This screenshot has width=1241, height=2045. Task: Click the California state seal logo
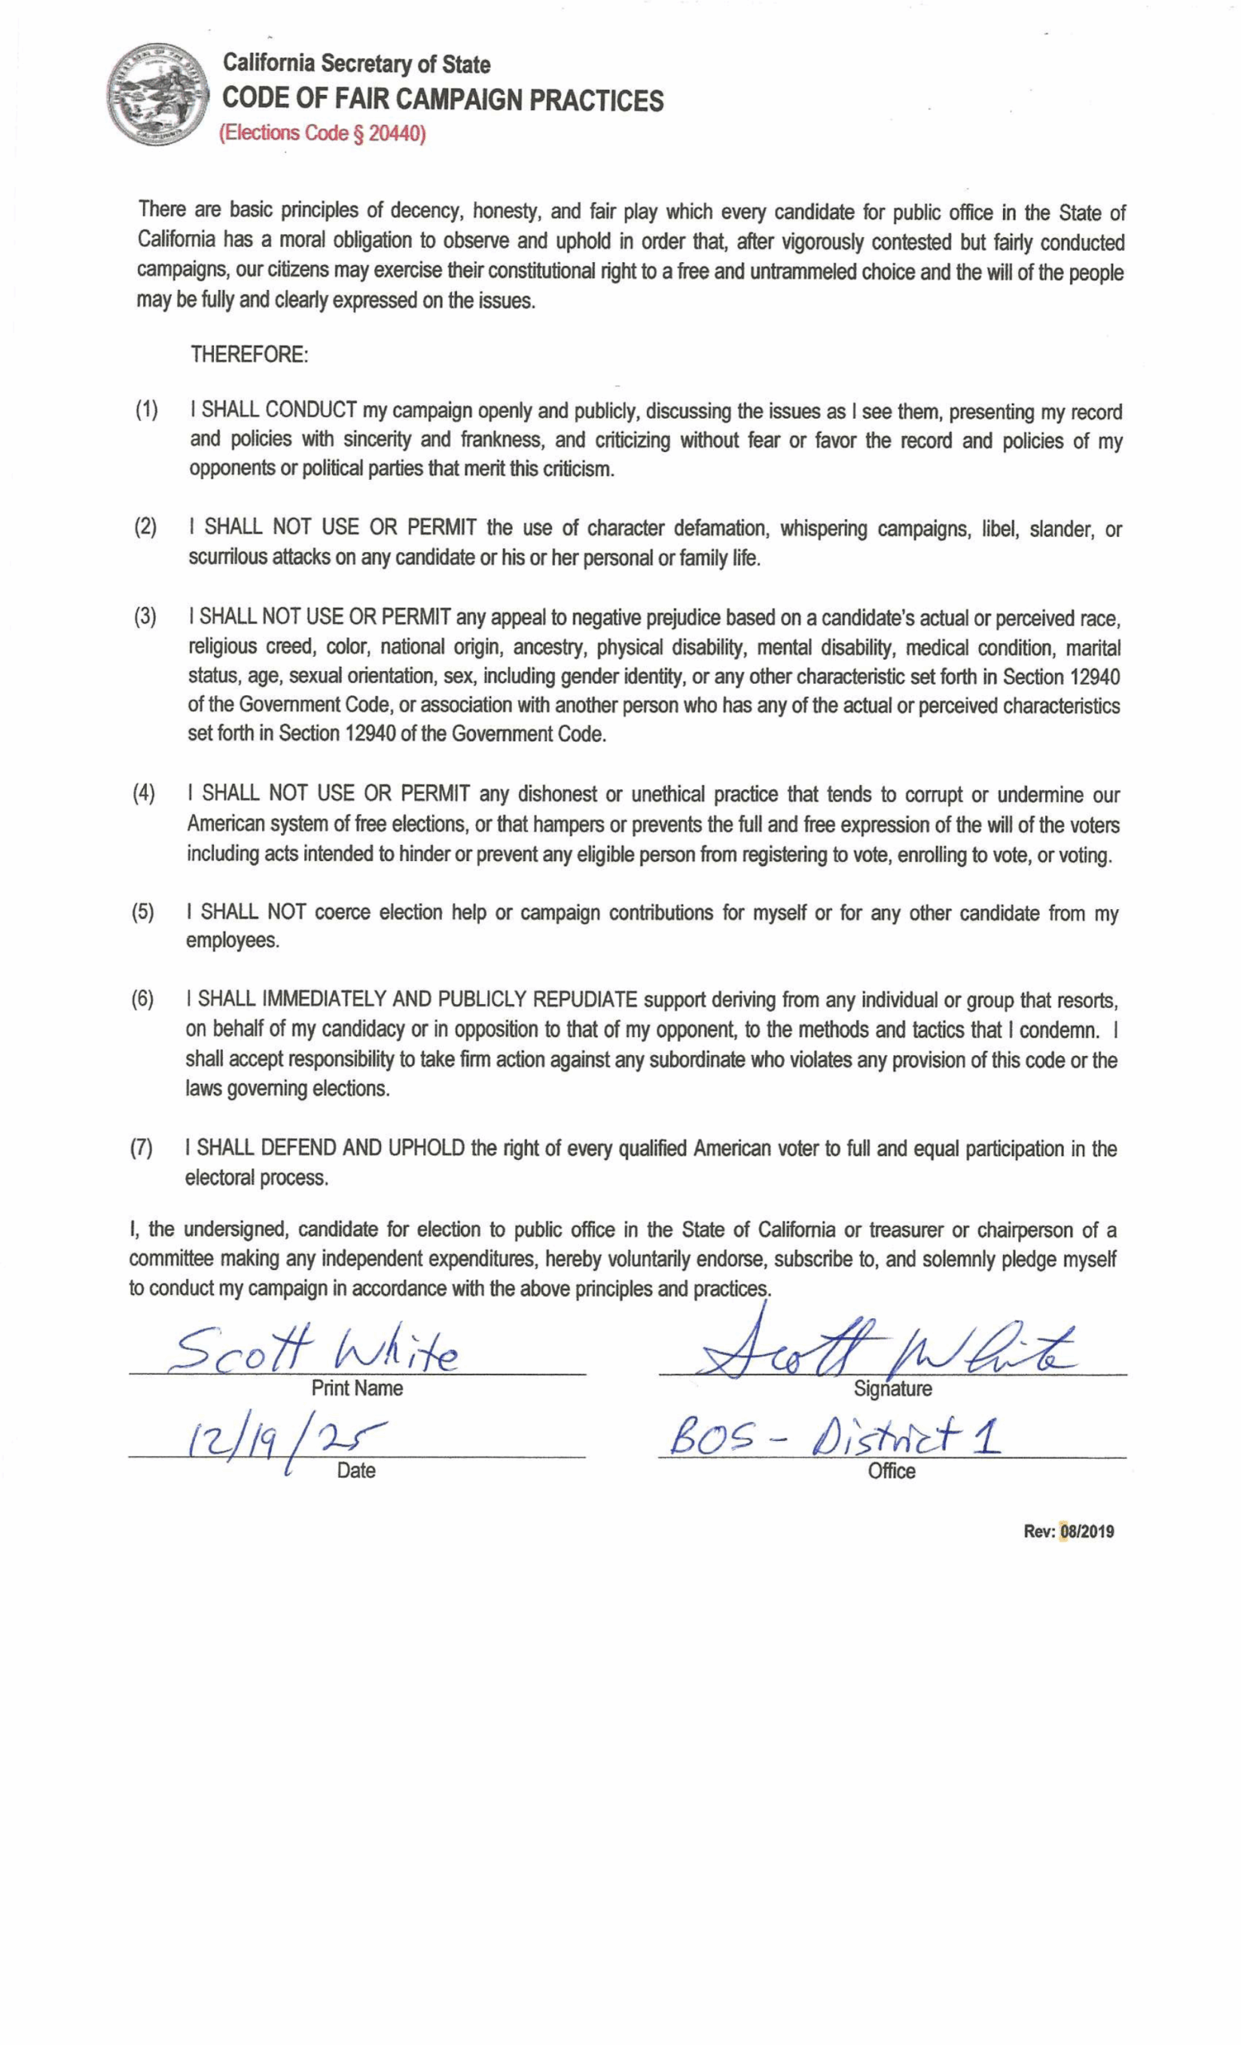(x=156, y=93)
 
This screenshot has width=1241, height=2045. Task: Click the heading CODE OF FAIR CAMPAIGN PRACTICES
(x=443, y=100)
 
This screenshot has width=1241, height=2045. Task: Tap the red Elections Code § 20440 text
(x=322, y=133)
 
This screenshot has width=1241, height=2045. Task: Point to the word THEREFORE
(x=249, y=355)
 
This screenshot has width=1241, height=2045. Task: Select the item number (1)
(x=147, y=409)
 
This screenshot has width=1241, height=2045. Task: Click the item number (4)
(x=144, y=792)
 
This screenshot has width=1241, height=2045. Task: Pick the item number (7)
(x=141, y=1148)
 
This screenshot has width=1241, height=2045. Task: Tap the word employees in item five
(x=232, y=940)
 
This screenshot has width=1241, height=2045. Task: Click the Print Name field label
(x=357, y=1388)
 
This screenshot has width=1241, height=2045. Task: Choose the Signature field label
(x=892, y=1388)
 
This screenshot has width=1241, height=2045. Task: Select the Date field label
(x=356, y=1471)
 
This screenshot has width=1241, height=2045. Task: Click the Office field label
(x=892, y=1471)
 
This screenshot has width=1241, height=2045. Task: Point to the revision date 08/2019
(x=1087, y=1531)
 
